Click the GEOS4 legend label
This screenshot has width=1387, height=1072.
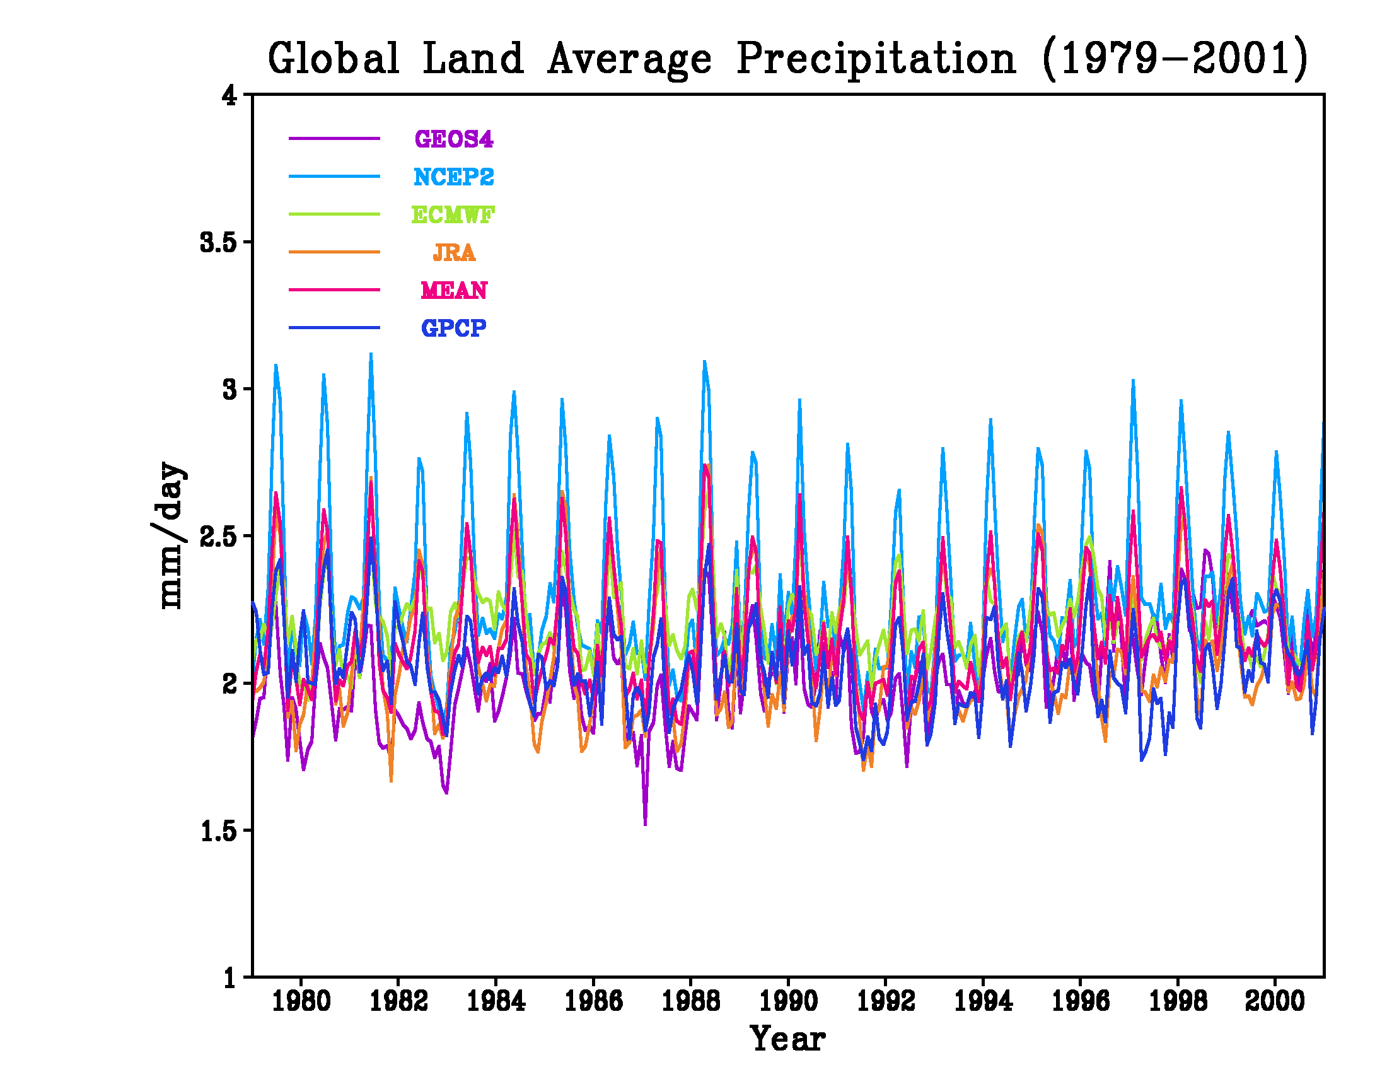(x=453, y=139)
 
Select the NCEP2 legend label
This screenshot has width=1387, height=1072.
(x=453, y=177)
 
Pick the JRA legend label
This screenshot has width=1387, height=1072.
(x=453, y=253)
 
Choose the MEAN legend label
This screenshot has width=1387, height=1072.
(x=453, y=290)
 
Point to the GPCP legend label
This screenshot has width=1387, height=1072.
(x=453, y=328)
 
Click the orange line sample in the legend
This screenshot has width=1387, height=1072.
(x=334, y=252)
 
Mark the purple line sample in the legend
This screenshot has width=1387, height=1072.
(x=334, y=139)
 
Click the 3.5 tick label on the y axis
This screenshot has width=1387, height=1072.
(x=218, y=242)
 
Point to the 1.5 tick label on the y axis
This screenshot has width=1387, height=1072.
(x=218, y=830)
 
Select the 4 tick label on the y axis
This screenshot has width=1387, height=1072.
(x=229, y=95)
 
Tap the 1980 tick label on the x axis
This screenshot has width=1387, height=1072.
(x=301, y=1001)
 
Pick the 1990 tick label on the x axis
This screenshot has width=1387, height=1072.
(x=788, y=1001)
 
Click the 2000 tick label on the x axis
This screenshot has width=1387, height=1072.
(x=1275, y=1001)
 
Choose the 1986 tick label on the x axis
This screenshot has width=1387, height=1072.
(x=593, y=1001)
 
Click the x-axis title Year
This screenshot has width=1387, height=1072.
(x=787, y=1039)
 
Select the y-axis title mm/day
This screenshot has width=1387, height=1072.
(x=170, y=535)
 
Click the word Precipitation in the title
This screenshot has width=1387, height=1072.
(x=875, y=59)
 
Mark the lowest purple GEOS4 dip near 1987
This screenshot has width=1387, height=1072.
(x=645, y=824)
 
